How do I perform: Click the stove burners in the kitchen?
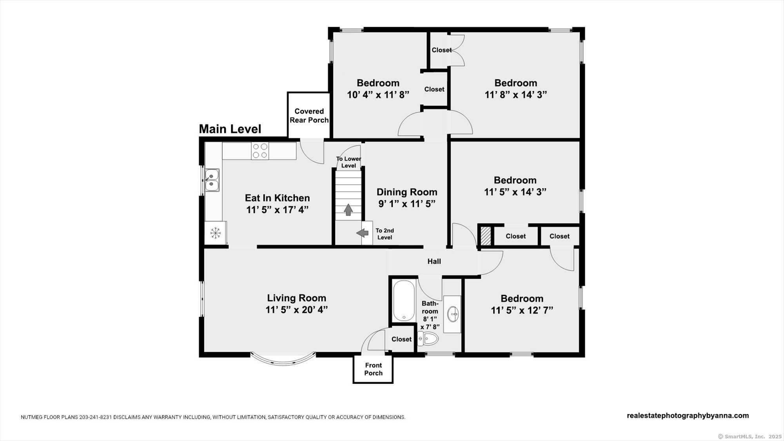(x=260, y=151)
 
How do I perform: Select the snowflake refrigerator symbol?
(x=215, y=233)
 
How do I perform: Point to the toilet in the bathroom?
(x=428, y=338)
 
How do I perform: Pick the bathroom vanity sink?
(x=455, y=314)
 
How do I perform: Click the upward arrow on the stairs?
(x=348, y=210)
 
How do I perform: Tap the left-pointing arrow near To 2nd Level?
(x=363, y=233)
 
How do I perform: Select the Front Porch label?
(x=373, y=369)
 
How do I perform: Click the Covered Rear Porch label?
(x=309, y=116)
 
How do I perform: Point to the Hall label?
(x=434, y=261)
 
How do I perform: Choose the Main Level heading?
(x=230, y=129)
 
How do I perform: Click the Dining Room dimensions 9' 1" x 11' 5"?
(x=407, y=204)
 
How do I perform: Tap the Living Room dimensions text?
(x=297, y=310)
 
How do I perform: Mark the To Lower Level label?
(x=348, y=162)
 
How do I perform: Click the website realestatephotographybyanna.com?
(x=688, y=416)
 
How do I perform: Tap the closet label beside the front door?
(x=401, y=339)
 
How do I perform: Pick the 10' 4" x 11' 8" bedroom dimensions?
(x=378, y=94)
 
